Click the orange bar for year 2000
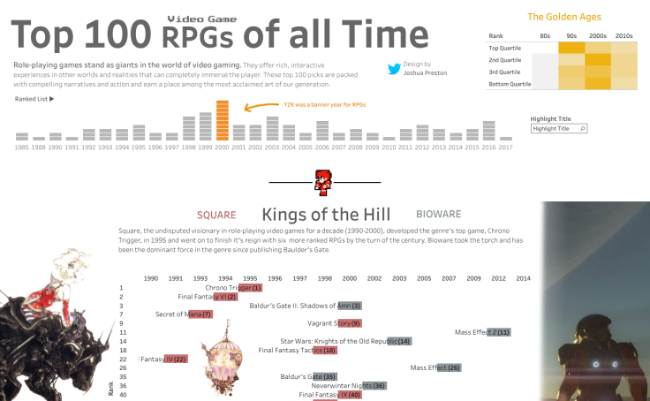[222, 121]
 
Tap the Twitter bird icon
[394, 69]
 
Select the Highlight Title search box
[560, 129]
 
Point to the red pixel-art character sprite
[323, 182]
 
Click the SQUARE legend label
[216, 215]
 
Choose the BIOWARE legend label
[438, 214]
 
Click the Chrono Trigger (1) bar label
[233, 287]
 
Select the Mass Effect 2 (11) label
[482, 332]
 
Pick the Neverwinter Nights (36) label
[349, 385]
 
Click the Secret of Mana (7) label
[184, 314]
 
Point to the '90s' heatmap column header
[572, 34]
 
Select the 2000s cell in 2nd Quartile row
[598, 60]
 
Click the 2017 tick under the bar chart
[505, 147]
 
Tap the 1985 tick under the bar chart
[22, 147]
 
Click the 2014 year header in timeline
[524, 278]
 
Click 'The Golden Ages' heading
[558, 17]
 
